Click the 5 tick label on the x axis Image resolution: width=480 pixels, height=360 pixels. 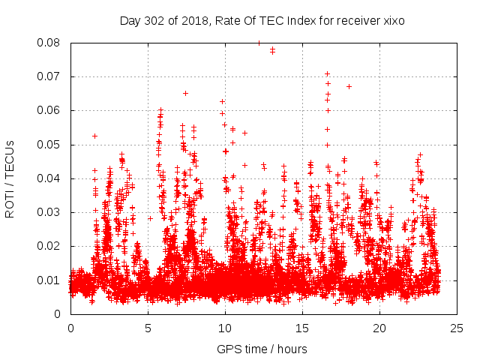(148, 328)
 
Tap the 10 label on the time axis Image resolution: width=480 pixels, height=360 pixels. (225, 328)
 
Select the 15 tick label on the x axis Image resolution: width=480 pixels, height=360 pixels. (302, 328)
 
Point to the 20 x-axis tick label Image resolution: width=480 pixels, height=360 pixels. (379, 328)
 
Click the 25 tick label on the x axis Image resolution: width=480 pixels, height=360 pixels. (457, 328)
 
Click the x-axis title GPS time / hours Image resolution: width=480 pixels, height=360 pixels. (262, 349)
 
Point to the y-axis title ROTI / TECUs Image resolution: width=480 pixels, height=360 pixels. (10, 178)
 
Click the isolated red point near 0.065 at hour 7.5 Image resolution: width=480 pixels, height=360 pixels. (185, 93)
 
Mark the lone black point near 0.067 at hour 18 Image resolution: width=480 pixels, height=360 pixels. (349, 86)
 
